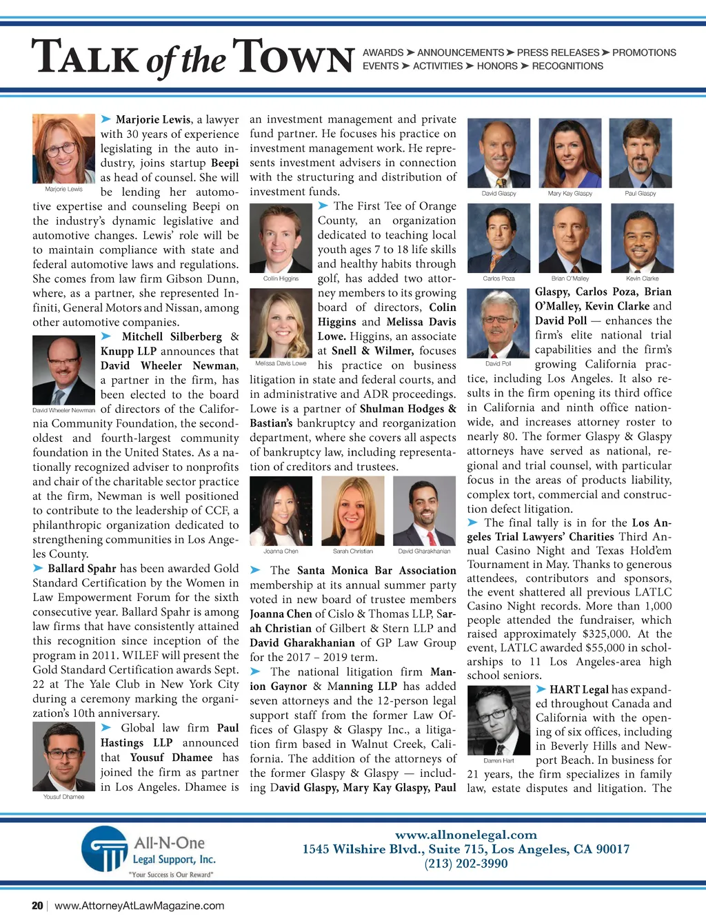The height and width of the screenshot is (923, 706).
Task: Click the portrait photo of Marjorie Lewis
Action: pos(63,148)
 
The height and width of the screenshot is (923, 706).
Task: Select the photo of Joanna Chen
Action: pos(281,511)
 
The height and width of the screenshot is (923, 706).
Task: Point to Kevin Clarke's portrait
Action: pos(642,239)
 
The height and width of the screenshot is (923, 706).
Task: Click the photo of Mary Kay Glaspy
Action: pos(569,153)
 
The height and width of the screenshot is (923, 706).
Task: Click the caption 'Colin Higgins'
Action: pos(281,278)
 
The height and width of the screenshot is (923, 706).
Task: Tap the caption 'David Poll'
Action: pos(498,363)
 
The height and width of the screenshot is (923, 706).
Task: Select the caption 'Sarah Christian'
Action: pos(353,551)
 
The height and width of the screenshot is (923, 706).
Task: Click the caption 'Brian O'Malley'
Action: pos(569,278)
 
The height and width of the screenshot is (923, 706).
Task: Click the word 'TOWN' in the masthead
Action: pos(294,59)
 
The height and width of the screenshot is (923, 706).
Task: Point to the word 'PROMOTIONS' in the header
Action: pos(644,52)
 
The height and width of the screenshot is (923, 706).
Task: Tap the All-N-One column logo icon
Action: pos(105,849)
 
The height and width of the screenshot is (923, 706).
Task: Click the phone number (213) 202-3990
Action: pos(466,864)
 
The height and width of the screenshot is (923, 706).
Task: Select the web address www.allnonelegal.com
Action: pos(466,835)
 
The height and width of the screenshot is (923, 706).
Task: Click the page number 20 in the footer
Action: pos(37,906)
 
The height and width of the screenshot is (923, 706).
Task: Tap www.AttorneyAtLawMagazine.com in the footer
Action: pos(139,906)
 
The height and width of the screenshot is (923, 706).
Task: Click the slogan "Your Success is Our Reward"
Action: pos(171,875)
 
